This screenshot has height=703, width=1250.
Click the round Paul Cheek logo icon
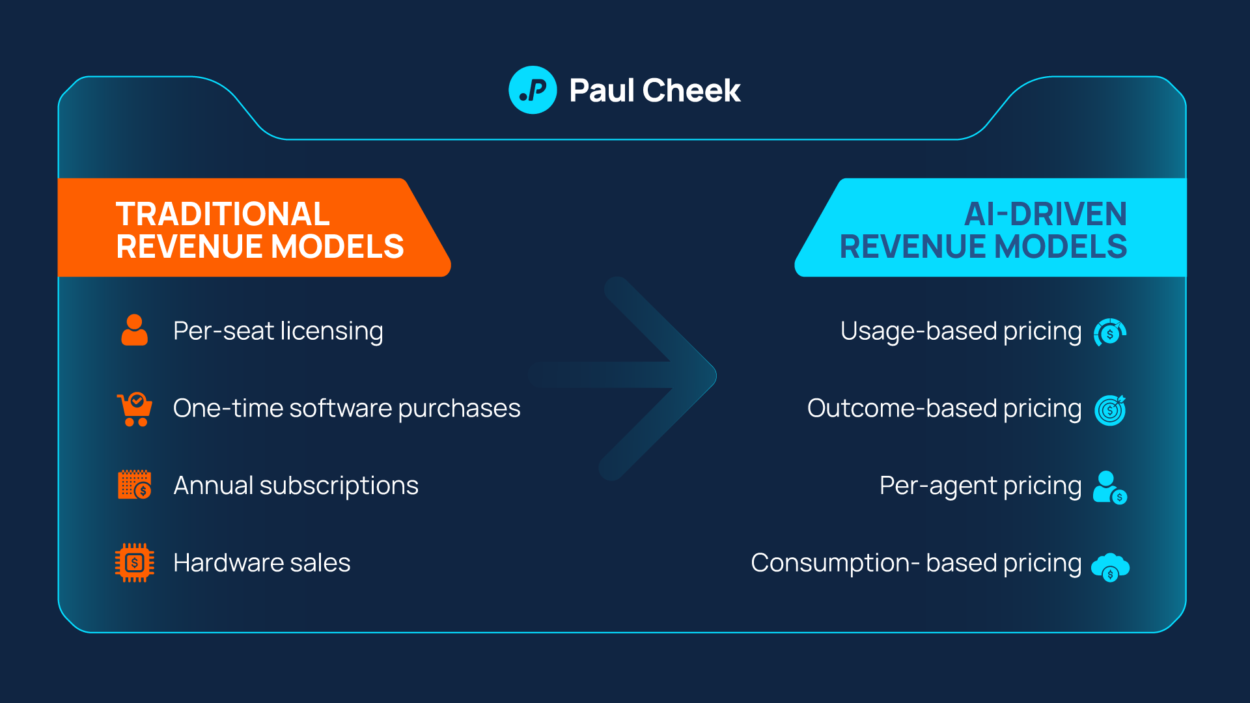(x=533, y=90)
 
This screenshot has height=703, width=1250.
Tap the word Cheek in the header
(x=691, y=90)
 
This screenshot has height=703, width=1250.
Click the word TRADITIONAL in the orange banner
(x=223, y=214)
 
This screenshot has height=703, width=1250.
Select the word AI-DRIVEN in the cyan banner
(x=1045, y=214)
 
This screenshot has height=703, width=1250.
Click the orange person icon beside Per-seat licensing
(x=135, y=330)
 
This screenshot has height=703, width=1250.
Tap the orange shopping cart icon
(x=135, y=409)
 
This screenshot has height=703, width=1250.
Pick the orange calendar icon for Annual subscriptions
(x=135, y=485)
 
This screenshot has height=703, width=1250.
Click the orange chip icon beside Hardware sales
(x=135, y=562)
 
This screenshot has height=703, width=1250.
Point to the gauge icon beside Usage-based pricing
(x=1110, y=333)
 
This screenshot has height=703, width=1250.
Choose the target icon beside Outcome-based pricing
(x=1110, y=410)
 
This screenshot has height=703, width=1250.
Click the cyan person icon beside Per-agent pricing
(x=1109, y=487)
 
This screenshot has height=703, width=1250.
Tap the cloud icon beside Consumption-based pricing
(x=1110, y=566)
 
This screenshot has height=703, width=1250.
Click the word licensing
(x=331, y=331)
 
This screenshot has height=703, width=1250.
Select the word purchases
(x=459, y=409)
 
